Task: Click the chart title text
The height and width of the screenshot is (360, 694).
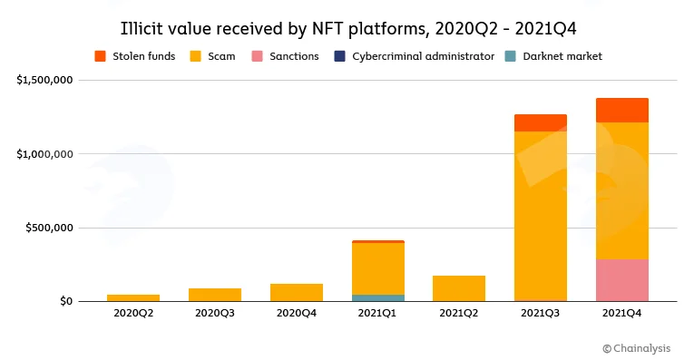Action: coord(348,29)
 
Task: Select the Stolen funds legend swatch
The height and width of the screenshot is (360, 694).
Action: coord(100,56)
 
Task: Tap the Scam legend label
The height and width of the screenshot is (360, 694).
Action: coord(221,56)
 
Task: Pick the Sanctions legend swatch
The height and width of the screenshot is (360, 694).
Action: coord(257,56)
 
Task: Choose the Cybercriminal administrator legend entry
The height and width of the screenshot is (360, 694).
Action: coord(415,56)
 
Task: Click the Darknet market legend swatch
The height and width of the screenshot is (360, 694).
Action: coord(511,56)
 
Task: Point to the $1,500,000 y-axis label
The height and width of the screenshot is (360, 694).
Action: coord(44,80)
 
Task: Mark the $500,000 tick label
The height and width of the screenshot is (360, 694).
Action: coord(49,228)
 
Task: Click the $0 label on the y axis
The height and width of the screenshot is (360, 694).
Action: coord(66,301)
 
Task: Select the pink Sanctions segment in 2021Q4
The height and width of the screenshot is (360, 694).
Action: coord(621,280)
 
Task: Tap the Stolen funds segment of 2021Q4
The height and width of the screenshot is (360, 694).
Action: coord(621,110)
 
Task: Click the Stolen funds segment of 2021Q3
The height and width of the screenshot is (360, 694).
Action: coord(541,123)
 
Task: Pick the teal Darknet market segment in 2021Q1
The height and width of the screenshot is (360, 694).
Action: coord(378,298)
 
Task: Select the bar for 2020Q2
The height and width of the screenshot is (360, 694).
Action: coord(133,298)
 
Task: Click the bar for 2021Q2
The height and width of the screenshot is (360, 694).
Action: coord(459,288)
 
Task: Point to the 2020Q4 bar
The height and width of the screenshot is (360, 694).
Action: coord(297,293)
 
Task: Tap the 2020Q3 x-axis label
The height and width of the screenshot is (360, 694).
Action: coord(215,313)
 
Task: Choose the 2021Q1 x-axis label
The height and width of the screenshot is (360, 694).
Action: coord(377,313)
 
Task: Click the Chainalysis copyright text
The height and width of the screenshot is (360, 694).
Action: coord(637,348)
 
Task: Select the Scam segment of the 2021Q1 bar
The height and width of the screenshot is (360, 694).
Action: coord(378,269)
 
